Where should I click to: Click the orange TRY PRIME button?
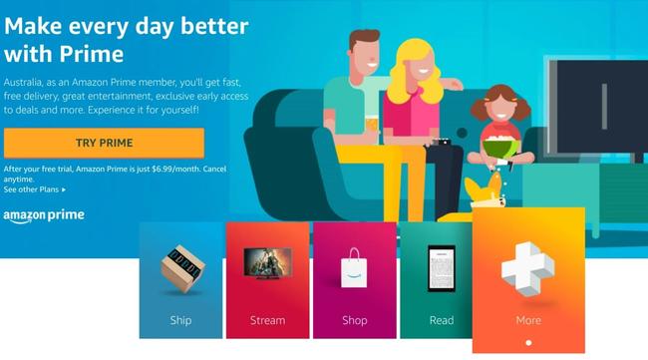(104, 143)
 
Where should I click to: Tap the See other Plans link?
(35, 188)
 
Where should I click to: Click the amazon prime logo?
(43, 215)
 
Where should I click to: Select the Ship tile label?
(180, 321)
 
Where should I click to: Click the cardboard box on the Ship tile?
(181, 272)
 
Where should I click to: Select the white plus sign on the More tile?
(527, 268)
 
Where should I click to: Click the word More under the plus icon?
(528, 321)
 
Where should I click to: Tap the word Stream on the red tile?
(267, 321)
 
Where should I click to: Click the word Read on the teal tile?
(441, 321)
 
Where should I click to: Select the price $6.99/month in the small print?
(176, 167)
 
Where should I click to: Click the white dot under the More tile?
(528, 345)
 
